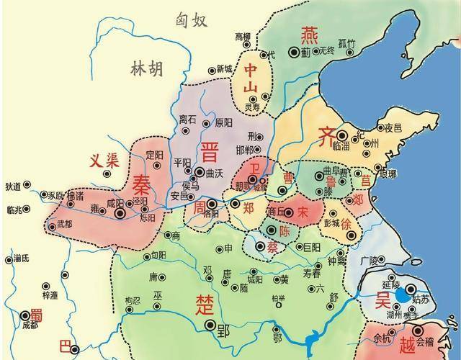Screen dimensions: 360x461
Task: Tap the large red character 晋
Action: pos(210,153)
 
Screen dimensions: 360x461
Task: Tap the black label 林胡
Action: pos(146,69)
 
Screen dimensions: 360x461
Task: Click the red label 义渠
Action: pos(102,161)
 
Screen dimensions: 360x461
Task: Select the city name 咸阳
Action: pos(115,204)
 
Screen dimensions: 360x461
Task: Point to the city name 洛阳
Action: pos(211,214)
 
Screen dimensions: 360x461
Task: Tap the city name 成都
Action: pos(30,325)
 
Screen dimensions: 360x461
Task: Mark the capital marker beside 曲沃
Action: pos(199,172)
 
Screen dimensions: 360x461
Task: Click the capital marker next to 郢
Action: pos(212,326)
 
